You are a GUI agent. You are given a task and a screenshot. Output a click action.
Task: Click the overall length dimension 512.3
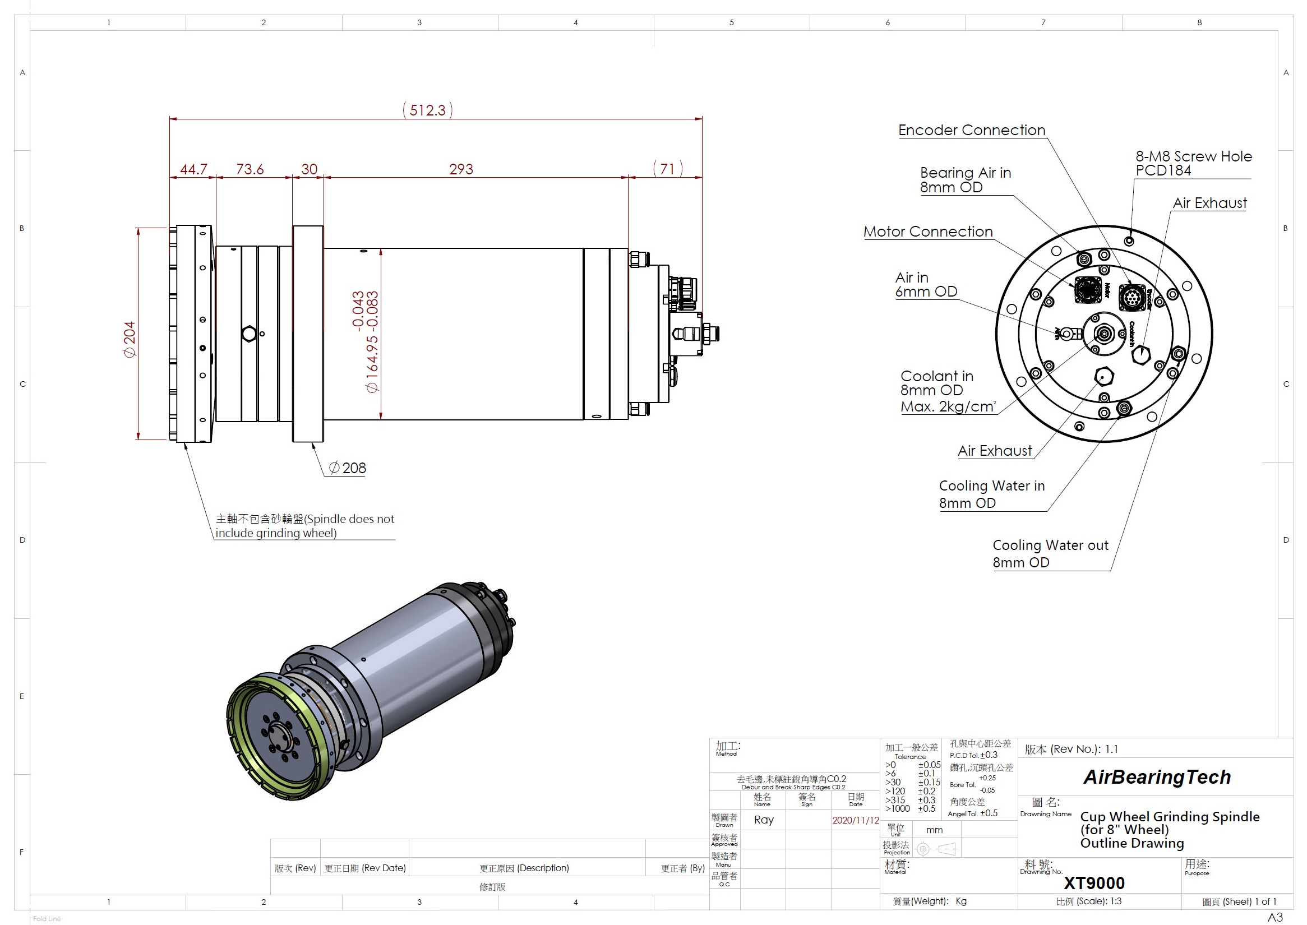point(427,110)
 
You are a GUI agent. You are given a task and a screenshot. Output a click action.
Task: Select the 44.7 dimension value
point(193,169)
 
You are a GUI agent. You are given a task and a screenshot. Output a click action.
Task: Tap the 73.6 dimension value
point(250,169)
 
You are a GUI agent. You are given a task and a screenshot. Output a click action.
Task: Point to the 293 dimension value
point(461,169)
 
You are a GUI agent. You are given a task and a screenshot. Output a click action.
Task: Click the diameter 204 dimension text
point(130,340)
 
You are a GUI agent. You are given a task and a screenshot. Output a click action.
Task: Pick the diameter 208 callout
point(348,468)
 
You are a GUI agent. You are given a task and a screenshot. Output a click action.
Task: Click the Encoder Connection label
point(971,131)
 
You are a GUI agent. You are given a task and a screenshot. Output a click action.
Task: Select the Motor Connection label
point(927,232)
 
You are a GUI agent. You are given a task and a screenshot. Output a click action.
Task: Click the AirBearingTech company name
point(1157,777)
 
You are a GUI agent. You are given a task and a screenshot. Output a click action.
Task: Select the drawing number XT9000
point(1094,883)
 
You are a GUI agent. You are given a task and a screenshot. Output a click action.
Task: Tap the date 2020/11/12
point(855,820)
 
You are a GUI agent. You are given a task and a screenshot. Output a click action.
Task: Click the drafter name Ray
point(764,820)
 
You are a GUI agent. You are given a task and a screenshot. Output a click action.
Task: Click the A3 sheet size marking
point(1274,917)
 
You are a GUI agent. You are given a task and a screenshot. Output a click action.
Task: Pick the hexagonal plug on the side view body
point(248,334)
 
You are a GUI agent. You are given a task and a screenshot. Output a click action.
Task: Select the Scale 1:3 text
point(1088,901)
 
